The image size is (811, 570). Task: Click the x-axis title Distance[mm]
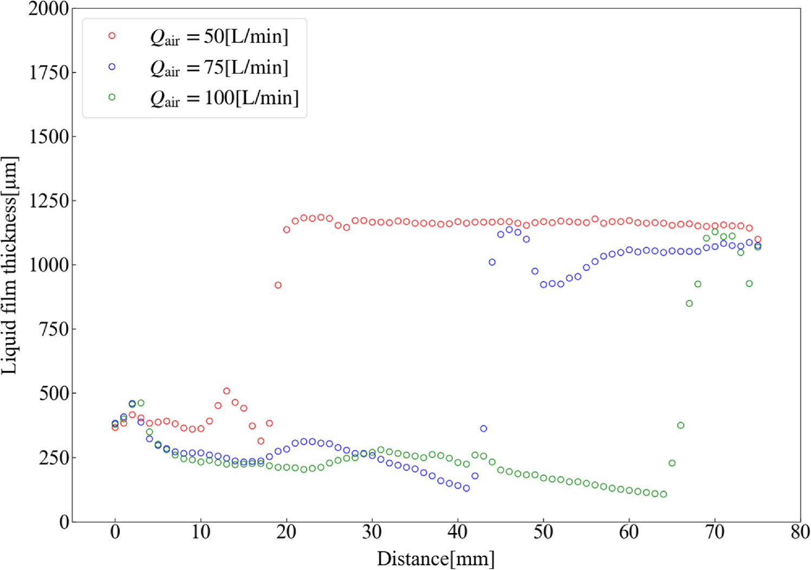pyautogui.click(x=436, y=558)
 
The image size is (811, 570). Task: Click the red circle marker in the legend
pyautogui.click(x=112, y=36)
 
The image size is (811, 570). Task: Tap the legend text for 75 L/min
pyautogui.click(x=219, y=68)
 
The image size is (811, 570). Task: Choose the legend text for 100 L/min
pyautogui.click(x=224, y=99)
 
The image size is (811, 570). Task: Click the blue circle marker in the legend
pyautogui.click(x=112, y=67)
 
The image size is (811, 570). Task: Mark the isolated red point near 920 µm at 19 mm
pyautogui.click(x=278, y=285)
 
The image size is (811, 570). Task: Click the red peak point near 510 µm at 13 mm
pyautogui.click(x=226, y=391)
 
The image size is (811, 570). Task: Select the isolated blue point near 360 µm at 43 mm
pyautogui.click(x=483, y=429)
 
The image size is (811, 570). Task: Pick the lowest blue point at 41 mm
pyautogui.click(x=466, y=488)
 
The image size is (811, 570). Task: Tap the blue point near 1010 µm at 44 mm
pyautogui.click(x=492, y=262)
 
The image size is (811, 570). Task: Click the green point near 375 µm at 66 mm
pyautogui.click(x=680, y=425)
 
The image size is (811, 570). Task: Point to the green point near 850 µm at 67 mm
pyautogui.click(x=689, y=304)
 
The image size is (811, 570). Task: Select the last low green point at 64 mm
pyautogui.click(x=664, y=494)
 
